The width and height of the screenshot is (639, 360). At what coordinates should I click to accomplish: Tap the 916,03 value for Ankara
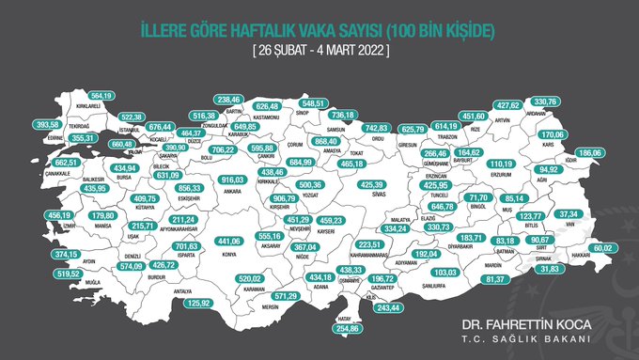pyautogui.click(x=231, y=180)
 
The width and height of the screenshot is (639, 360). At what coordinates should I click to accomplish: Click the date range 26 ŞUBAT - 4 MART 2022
pyautogui.click(x=319, y=48)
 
